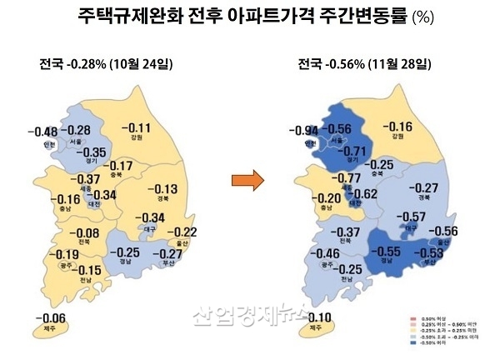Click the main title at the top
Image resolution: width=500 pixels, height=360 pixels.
(x=249, y=17)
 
